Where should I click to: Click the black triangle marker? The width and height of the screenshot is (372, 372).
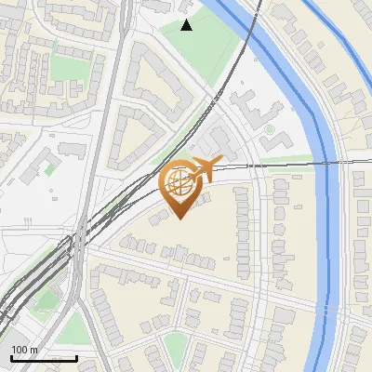point(187,25)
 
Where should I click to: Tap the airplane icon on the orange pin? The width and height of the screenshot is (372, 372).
point(206,168)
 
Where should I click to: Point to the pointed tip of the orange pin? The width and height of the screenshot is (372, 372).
point(179,218)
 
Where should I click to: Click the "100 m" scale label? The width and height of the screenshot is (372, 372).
point(24,350)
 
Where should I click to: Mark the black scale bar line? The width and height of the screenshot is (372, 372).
point(44,358)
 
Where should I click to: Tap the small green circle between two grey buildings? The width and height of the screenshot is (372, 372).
point(270,129)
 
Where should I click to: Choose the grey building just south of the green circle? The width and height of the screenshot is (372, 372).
point(276,142)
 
